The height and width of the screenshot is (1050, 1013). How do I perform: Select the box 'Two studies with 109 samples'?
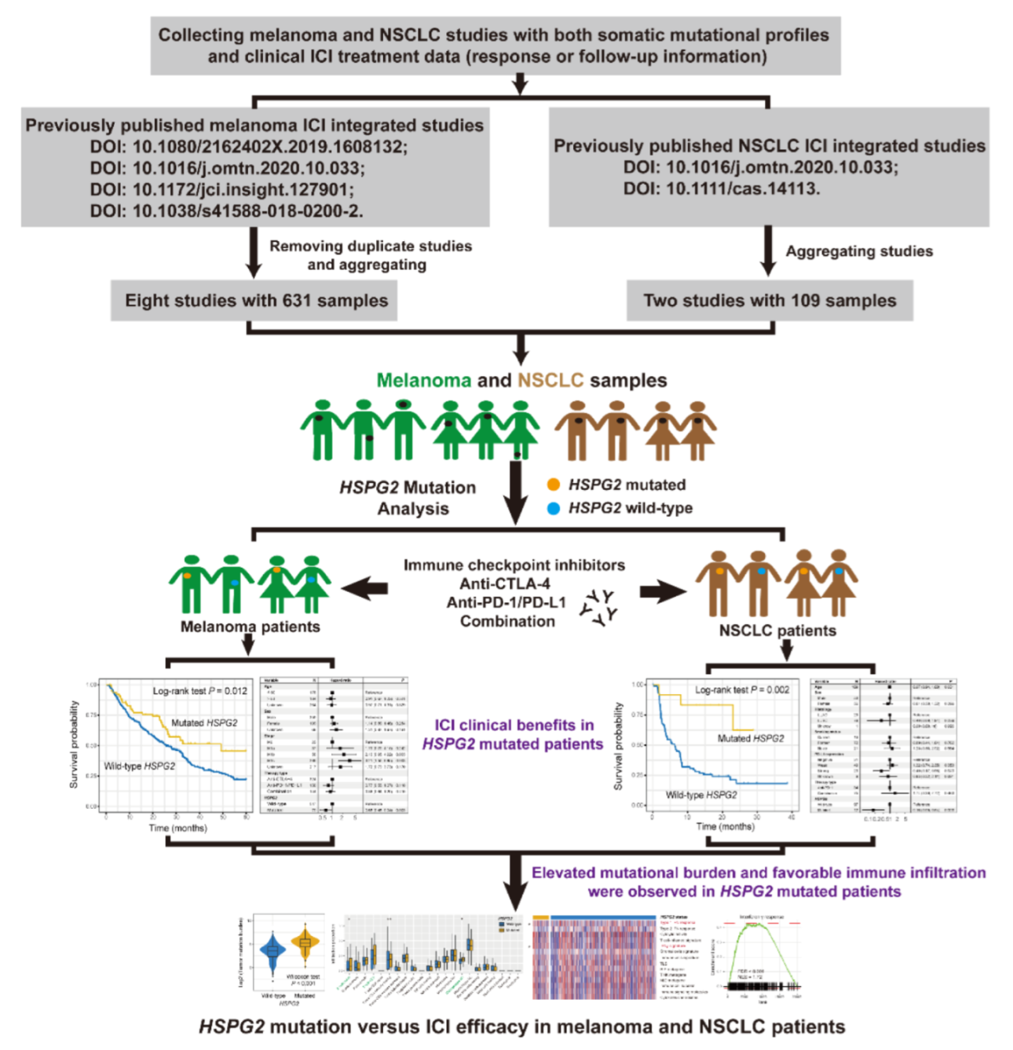pos(769,301)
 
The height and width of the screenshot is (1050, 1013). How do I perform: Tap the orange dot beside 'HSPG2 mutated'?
pos(554,485)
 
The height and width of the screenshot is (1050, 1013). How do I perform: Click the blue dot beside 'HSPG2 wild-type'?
pos(554,508)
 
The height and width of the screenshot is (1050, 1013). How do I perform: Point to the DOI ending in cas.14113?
pos(721,188)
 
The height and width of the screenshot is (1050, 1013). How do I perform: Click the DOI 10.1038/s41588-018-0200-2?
pos(226,210)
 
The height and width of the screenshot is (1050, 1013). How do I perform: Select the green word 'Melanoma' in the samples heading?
pos(423,381)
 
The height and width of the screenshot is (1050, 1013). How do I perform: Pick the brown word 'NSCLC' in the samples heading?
pos(550,381)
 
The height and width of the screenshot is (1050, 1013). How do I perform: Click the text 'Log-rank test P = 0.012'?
pos(199,691)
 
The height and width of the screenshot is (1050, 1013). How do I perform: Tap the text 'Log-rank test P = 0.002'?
pos(742,690)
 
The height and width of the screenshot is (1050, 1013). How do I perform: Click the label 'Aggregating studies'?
pos(859,251)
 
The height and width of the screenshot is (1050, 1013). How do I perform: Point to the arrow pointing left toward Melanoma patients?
pos(364,587)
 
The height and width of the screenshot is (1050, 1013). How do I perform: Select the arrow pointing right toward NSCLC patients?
pos(661,591)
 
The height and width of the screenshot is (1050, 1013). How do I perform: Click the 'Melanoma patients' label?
pos(250,627)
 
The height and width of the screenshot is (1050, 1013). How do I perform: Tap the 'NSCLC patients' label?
pos(777,631)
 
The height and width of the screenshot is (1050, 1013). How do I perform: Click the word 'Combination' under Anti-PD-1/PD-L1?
pos(507,621)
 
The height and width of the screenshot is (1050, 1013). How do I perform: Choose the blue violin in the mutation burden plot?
pos(272,951)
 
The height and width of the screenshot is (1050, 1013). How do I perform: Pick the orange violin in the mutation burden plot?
pos(305,942)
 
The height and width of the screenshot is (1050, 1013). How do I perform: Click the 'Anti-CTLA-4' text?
pos(505,584)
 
